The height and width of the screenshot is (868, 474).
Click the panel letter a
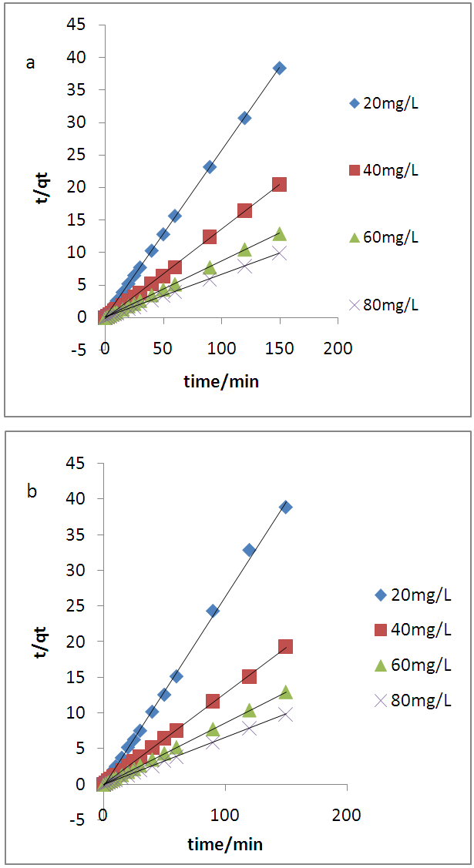(x=31, y=63)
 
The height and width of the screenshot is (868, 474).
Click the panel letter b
(x=32, y=491)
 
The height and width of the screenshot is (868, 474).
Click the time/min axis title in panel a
(x=221, y=381)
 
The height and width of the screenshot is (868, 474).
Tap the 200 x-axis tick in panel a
(x=338, y=349)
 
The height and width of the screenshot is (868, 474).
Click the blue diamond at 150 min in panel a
(x=279, y=68)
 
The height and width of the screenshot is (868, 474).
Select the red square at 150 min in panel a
(x=279, y=184)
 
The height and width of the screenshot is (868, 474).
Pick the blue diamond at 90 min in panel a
(x=210, y=166)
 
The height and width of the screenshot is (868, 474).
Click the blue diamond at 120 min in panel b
(x=249, y=550)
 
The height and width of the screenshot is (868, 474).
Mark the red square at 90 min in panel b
(x=213, y=701)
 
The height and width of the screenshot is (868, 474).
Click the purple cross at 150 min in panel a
(x=279, y=253)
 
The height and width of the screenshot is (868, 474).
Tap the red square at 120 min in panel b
(x=249, y=676)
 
